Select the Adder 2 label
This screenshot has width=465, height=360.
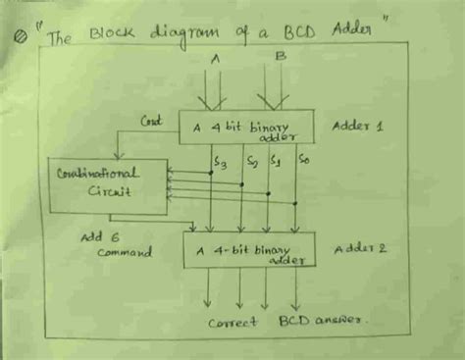pos(360,249)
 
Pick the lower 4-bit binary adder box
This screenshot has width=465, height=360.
pos(249,251)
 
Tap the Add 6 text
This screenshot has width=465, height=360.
pos(101,236)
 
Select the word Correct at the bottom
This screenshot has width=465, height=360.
pos(233,321)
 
